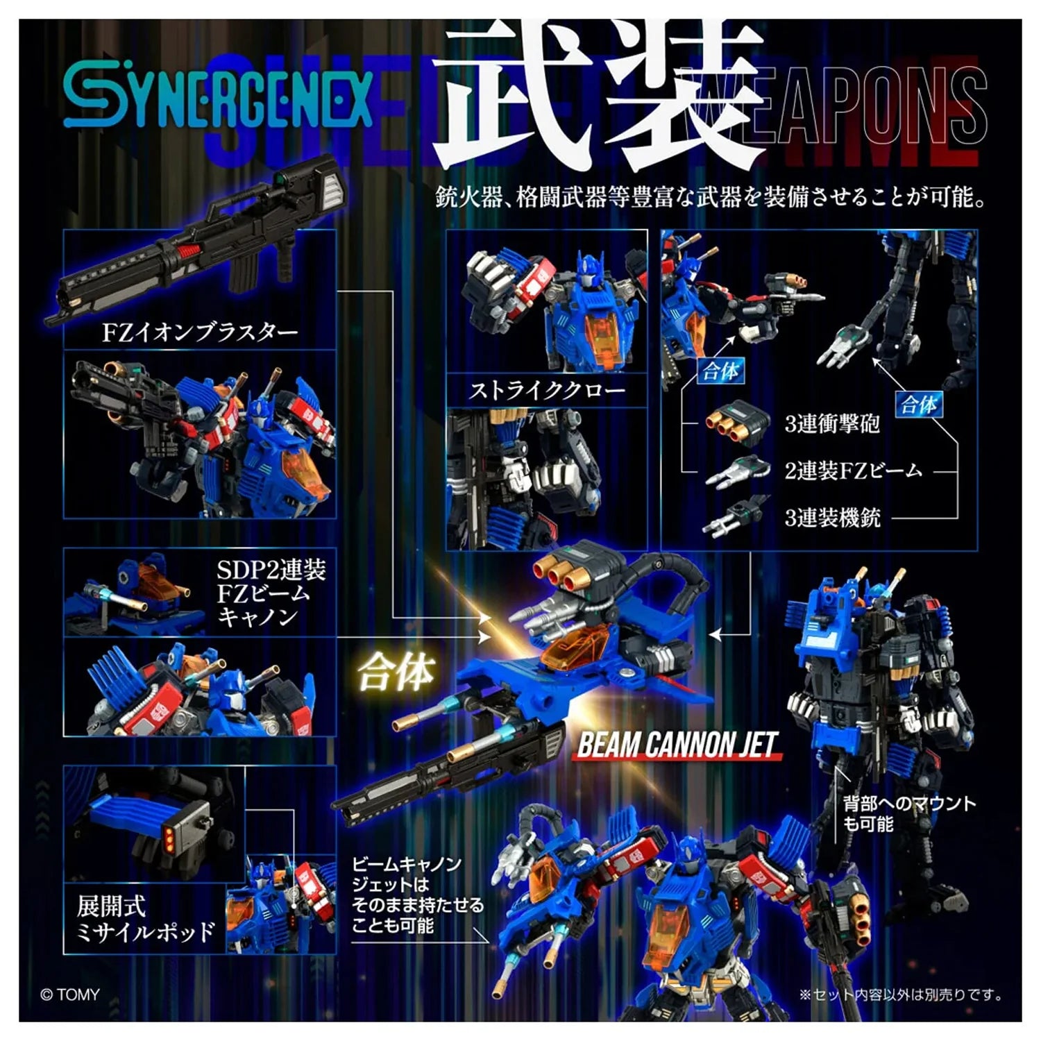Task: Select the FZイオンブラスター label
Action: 200,332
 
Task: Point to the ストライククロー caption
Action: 547,391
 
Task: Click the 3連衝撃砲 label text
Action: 832,423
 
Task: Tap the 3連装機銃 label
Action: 832,517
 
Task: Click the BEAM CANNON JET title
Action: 677,745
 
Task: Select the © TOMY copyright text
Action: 70,995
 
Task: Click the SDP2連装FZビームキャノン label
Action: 271,593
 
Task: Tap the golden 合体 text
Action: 396,672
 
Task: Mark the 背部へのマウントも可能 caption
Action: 908,813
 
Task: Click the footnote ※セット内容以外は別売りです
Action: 900,995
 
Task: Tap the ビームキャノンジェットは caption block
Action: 417,895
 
